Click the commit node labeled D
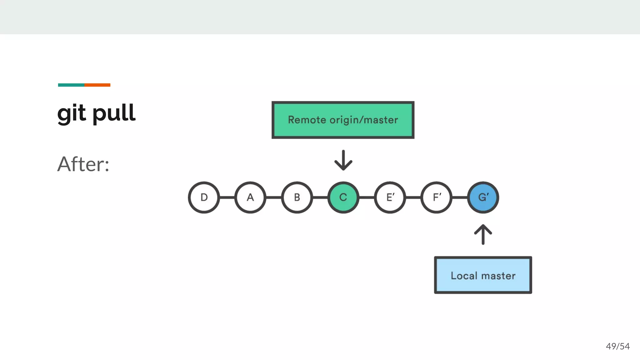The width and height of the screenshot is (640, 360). coord(204,197)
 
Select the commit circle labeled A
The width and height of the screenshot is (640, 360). coord(250,197)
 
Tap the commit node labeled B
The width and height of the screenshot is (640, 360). coord(297,197)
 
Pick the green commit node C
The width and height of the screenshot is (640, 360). coord(343,197)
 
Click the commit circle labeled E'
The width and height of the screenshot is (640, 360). coord(390,197)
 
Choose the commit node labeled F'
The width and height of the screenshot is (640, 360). coord(437,197)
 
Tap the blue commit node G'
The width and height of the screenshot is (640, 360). coord(483,197)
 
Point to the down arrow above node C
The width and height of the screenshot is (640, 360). coord(343,160)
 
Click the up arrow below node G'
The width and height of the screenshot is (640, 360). coord(483,234)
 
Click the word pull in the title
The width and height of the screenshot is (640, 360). coord(114,113)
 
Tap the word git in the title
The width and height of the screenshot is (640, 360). coord(72,113)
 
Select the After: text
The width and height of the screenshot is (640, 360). coord(83,164)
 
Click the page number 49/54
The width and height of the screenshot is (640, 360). coord(617,346)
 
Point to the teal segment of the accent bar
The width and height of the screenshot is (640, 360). coord(71,85)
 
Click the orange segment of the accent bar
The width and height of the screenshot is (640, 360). coord(97,85)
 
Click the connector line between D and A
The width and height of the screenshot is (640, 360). coord(227,197)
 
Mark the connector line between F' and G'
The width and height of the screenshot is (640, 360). coord(460,197)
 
